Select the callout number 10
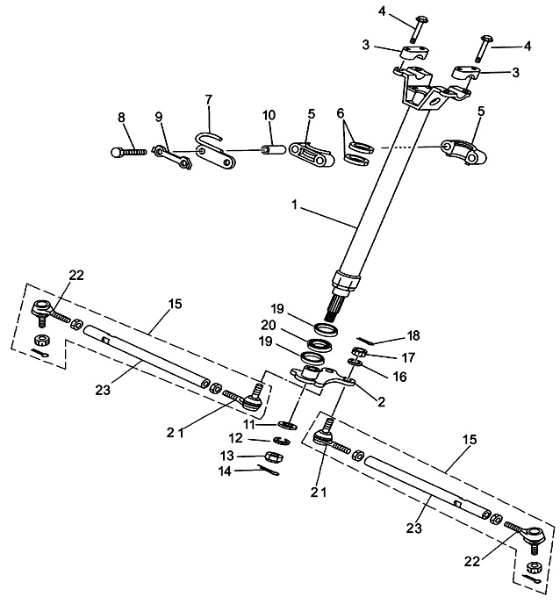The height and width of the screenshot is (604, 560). (269, 115)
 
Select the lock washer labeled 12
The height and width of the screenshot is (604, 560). (283, 439)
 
